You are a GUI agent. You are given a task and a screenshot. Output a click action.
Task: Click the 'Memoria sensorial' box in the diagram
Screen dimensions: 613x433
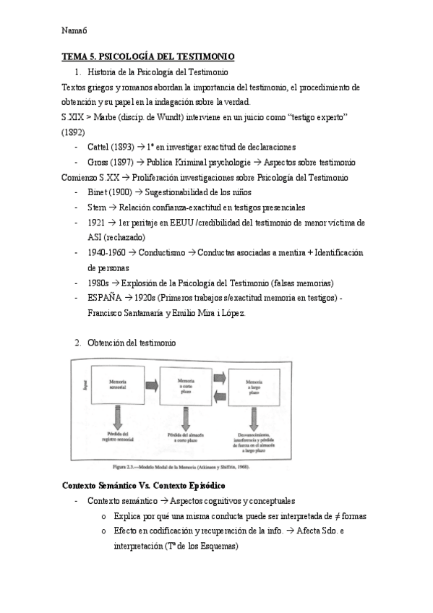[119, 383]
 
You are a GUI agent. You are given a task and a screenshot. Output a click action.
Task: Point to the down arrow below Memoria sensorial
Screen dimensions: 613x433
[119, 415]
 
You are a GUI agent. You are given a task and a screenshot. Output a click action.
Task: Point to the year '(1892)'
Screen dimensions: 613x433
[73, 132]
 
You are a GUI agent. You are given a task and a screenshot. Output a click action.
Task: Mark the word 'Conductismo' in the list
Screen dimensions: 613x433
[158, 252]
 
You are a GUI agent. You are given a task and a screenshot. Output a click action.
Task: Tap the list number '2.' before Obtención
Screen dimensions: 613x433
[77, 342]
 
